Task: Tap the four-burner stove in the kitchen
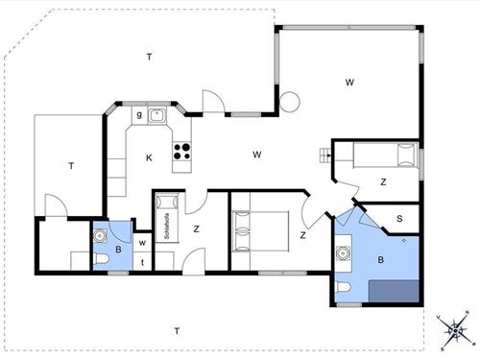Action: click(x=181, y=150)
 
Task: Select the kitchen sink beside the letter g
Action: click(x=158, y=117)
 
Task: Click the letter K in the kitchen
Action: click(x=149, y=156)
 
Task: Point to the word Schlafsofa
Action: click(x=166, y=227)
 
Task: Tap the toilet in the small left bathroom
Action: click(x=102, y=260)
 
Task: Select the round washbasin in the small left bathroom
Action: click(x=99, y=235)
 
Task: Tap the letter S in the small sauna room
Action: click(x=399, y=219)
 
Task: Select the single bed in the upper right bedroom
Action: click(x=375, y=155)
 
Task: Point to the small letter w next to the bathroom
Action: click(x=142, y=243)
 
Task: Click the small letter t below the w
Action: click(x=142, y=262)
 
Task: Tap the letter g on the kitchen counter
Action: click(x=139, y=115)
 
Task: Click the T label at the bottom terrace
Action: click(x=176, y=331)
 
